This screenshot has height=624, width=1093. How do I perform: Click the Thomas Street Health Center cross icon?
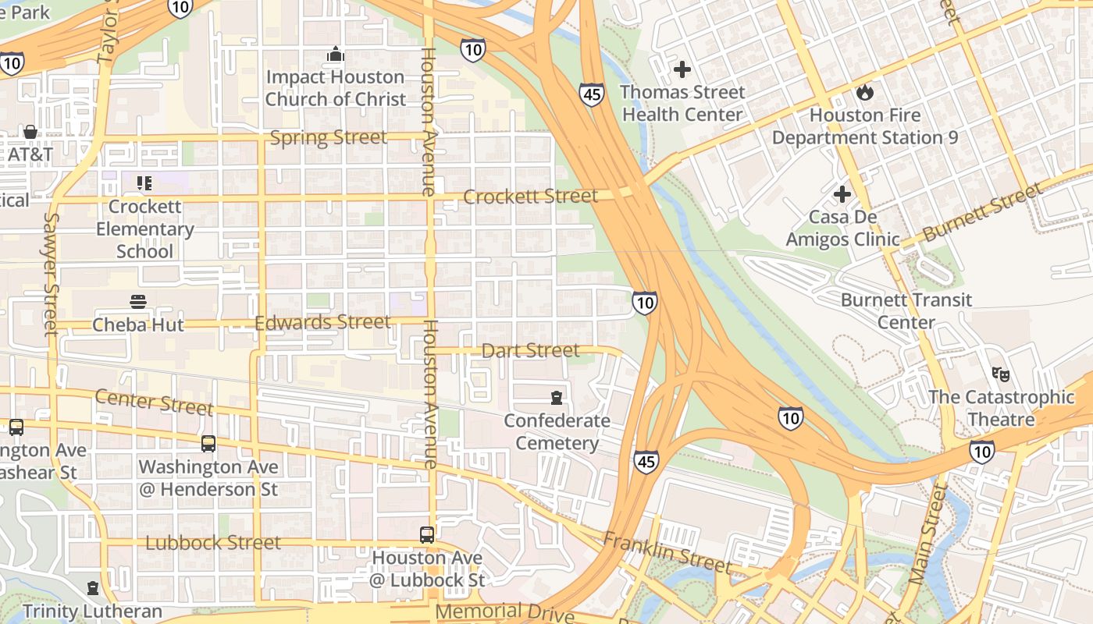pyautogui.click(x=682, y=69)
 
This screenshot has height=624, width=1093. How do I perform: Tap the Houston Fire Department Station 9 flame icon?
pyautogui.click(x=864, y=93)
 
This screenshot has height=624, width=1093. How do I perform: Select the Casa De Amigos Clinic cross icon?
pyautogui.click(x=842, y=193)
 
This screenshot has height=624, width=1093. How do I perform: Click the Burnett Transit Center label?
pyautogui.click(x=906, y=310)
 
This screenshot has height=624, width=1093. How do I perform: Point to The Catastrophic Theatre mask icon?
pyautogui.click(x=1001, y=374)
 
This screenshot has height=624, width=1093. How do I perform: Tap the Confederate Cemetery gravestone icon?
pyautogui.click(x=556, y=398)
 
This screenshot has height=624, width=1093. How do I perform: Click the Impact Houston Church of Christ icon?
pyautogui.click(x=336, y=54)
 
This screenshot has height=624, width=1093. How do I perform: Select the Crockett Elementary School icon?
pyautogui.click(x=144, y=183)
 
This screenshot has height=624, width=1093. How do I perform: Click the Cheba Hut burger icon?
pyautogui.click(x=138, y=302)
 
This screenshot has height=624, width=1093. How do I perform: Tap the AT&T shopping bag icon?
pyautogui.click(x=30, y=131)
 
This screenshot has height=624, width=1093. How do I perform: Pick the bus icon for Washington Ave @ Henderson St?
pyautogui.click(x=208, y=444)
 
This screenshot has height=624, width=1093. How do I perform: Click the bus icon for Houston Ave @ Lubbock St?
pyautogui.click(x=426, y=535)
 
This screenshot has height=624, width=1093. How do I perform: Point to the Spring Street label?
pyautogui.click(x=328, y=138)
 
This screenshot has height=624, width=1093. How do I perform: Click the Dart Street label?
pyautogui.click(x=530, y=351)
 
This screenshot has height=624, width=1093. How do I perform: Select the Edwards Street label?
pyautogui.click(x=322, y=322)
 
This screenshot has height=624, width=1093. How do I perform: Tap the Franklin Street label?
pyautogui.click(x=667, y=553)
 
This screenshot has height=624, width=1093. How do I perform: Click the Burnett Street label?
pyautogui.click(x=982, y=211)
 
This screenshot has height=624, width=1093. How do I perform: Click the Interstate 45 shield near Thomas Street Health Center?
pyautogui.click(x=591, y=95)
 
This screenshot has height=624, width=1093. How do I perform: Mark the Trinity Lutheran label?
pyautogui.click(x=92, y=611)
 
